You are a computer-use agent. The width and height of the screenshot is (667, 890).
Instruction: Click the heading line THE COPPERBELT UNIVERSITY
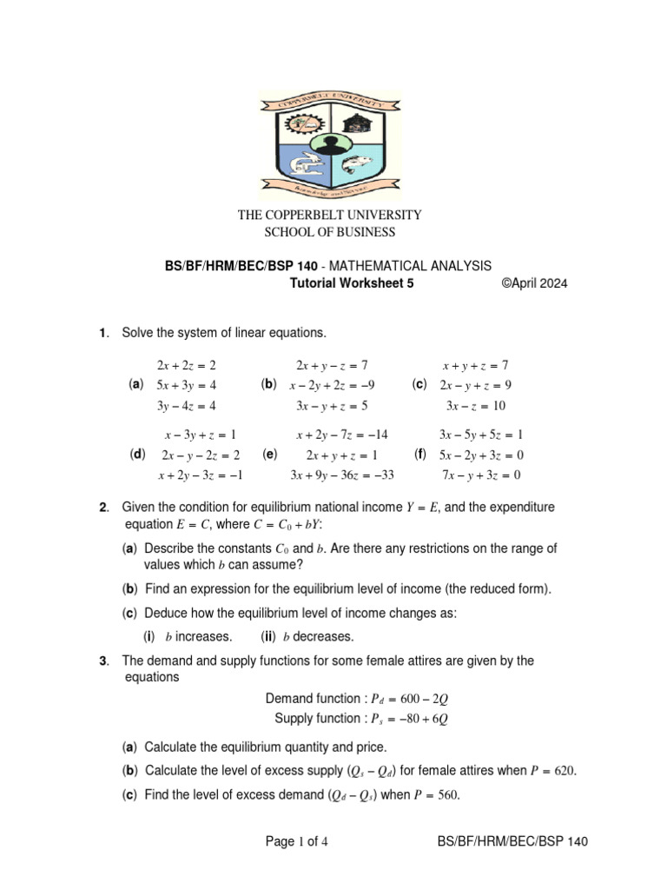[330, 214]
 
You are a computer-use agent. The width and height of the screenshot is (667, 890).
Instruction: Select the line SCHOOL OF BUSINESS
[330, 232]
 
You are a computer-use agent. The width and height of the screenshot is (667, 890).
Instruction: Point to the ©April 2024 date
[534, 283]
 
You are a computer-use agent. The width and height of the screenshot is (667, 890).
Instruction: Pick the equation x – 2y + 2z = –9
[332, 384]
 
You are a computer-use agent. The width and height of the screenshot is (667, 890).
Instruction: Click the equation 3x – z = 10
[476, 405]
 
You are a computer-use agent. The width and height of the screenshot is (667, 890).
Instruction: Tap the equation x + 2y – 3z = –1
[200, 475]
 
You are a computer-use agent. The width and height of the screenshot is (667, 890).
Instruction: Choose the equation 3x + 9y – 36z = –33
[341, 475]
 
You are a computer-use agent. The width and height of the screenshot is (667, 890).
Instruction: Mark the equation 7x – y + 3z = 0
[480, 475]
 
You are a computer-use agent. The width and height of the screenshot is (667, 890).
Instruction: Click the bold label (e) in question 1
[269, 454]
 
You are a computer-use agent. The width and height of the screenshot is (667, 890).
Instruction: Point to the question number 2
[103, 507]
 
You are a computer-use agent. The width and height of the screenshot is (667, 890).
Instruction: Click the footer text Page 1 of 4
[295, 841]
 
